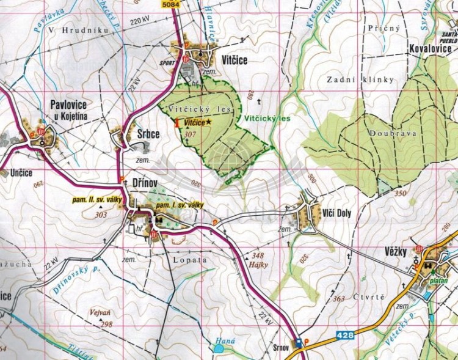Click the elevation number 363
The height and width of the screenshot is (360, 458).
click(x=339, y=298)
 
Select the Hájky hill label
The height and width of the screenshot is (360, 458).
click(x=259, y=264)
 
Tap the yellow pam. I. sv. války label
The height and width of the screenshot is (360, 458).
click(x=180, y=205)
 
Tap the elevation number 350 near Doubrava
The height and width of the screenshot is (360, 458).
click(x=400, y=193)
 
